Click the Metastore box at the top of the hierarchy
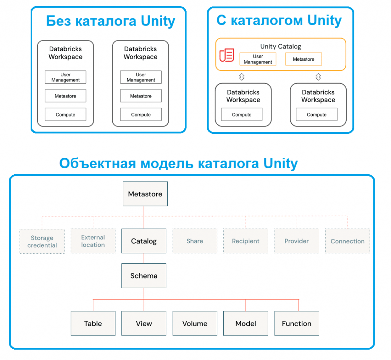click(145, 194)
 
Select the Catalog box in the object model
click(144, 241)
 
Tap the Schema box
click(144, 276)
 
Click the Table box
click(93, 324)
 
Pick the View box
click(144, 324)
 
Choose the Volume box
click(195, 324)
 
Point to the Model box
click(246, 324)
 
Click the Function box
click(297, 324)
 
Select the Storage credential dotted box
click(42, 241)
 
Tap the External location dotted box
click(93, 241)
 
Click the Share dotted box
click(195, 241)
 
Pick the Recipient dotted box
click(246, 241)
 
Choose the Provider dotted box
click(297, 241)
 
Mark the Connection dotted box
click(347, 241)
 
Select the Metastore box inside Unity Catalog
click(304, 59)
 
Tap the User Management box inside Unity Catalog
click(258, 59)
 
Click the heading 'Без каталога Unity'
click(111, 21)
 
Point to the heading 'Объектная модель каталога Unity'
click(178, 164)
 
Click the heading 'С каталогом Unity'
click(279, 20)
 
